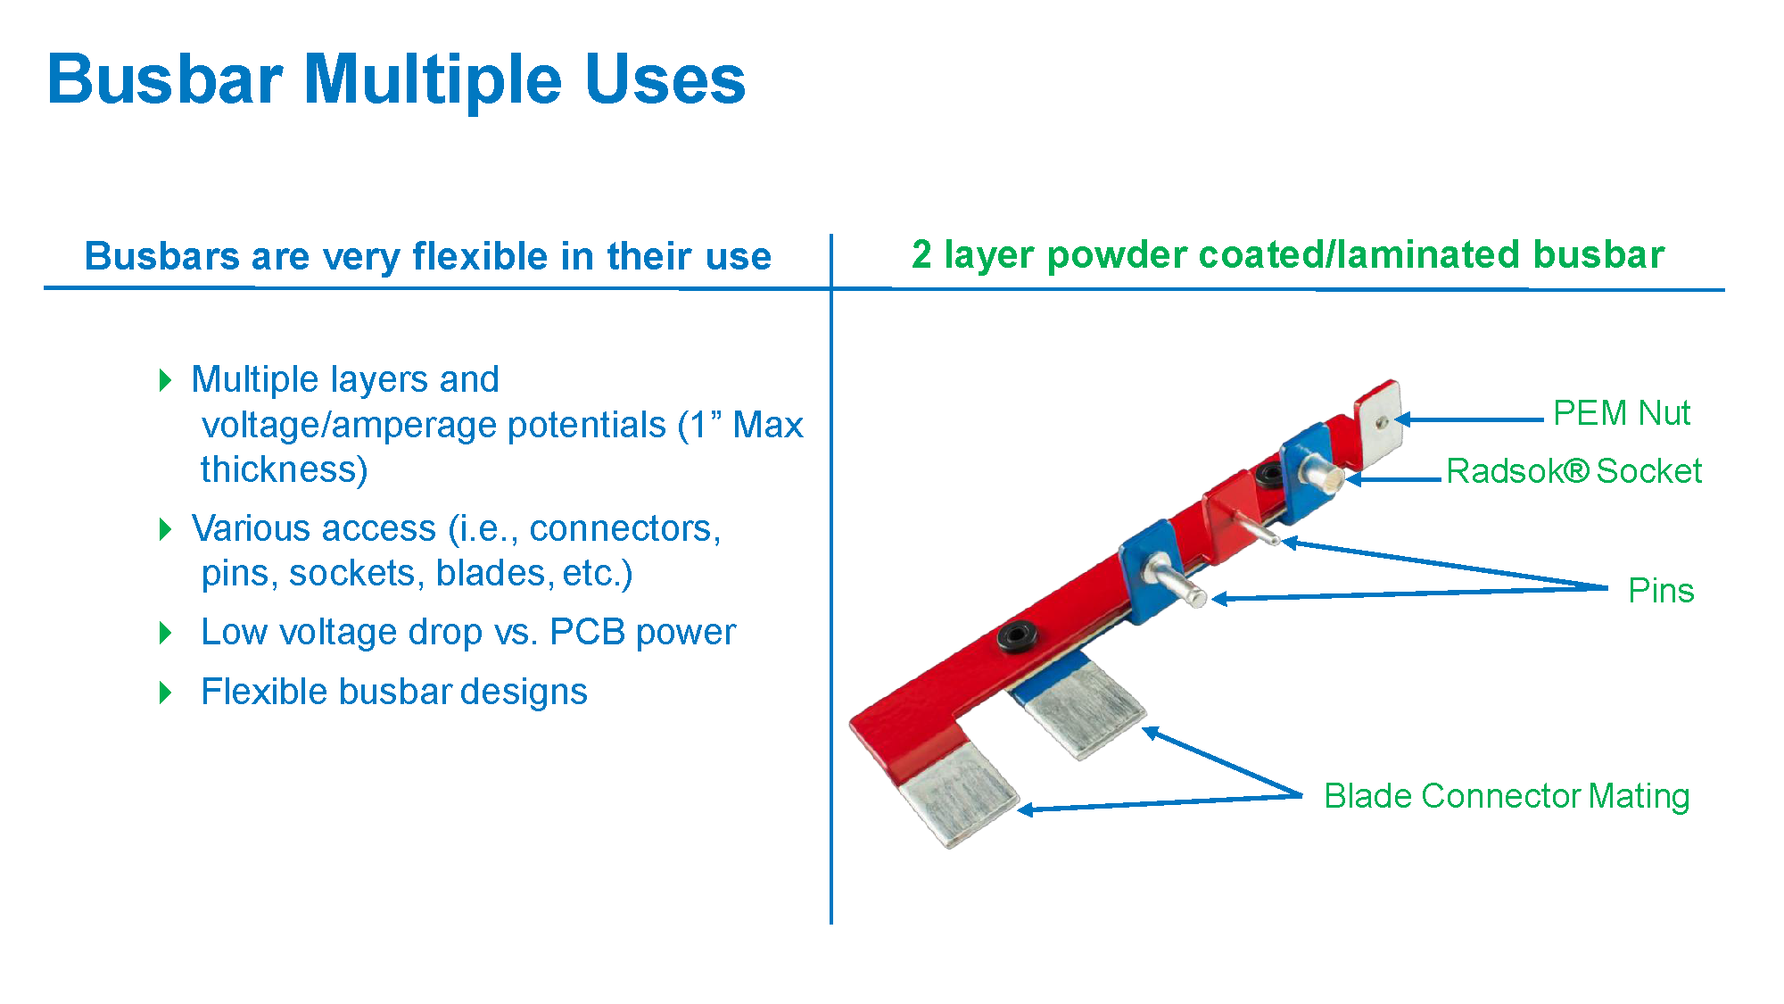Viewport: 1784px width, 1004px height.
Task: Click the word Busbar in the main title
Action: tap(165, 80)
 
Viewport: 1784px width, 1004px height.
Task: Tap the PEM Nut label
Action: tap(1621, 413)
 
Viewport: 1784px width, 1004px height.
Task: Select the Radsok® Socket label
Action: tap(1573, 471)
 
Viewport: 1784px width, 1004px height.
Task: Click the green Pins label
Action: tap(1660, 591)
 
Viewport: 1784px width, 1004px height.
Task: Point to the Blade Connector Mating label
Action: tap(1506, 796)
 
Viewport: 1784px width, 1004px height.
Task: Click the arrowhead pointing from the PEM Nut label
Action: tap(1403, 419)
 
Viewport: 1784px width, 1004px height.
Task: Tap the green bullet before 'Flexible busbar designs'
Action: tap(165, 693)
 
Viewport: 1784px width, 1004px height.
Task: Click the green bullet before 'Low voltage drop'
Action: tap(165, 633)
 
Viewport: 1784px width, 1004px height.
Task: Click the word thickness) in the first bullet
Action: tap(284, 469)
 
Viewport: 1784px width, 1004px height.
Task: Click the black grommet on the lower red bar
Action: tap(1017, 636)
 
